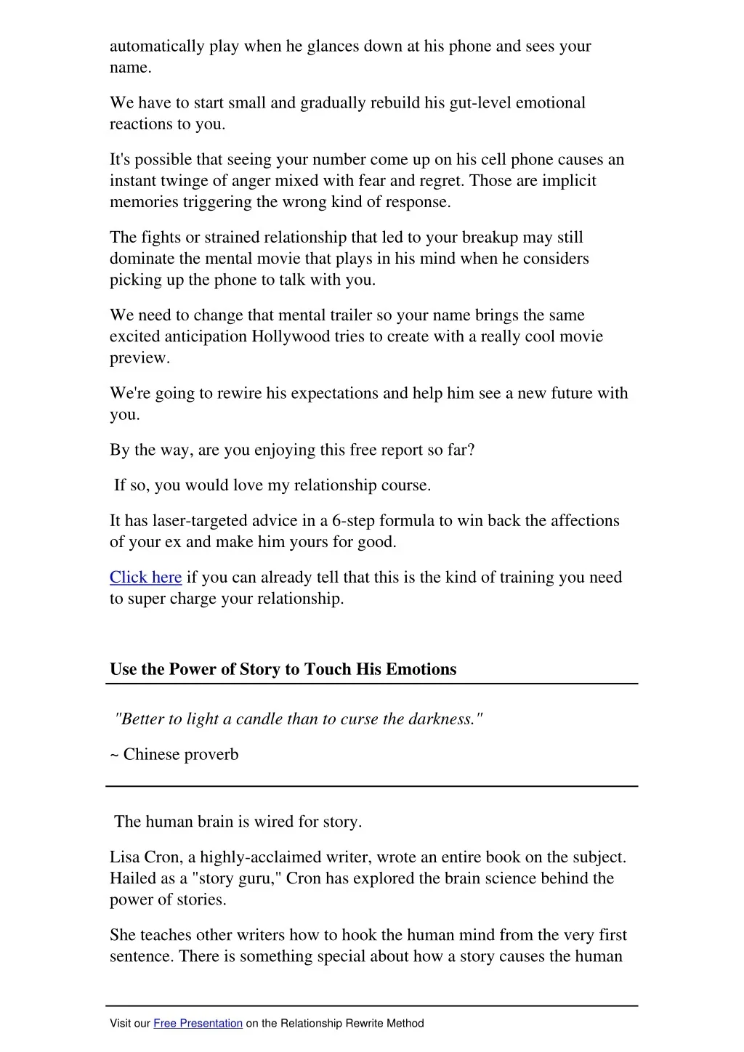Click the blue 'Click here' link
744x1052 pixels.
pos(145,578)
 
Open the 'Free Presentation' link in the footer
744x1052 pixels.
pos(198,1024)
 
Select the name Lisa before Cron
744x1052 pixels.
pos(125,857)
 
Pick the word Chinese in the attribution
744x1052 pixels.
pos(151,755)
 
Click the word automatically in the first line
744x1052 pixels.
pos(157,46)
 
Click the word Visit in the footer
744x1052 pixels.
pos(120,1024)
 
